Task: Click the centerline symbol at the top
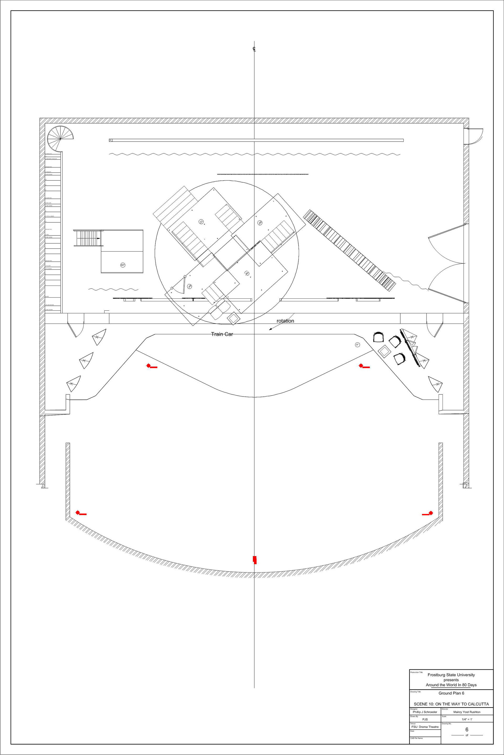254,49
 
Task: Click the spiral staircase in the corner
60,139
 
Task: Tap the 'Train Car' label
222,334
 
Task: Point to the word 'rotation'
285,321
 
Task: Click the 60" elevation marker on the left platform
123,265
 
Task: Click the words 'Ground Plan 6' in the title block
451,693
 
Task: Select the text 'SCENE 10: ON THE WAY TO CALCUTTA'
451,704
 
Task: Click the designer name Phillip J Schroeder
425,712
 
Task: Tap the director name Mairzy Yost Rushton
467,712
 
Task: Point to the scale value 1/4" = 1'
467,719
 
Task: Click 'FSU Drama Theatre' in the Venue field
425,727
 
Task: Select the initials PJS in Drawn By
425,719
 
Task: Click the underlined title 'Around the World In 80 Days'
451,685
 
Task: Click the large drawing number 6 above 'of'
467,730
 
